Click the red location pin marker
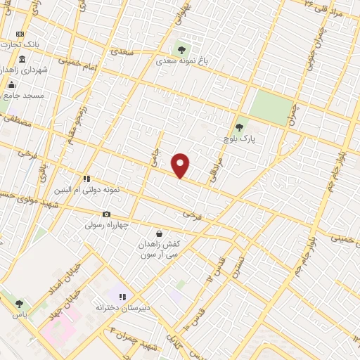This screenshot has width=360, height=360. pyautogui.click(x=181, y=165)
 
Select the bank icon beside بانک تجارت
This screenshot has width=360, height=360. pyautogui.click(x=20, y=34)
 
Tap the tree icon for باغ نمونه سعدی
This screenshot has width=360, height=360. pyautogui.click(x=182, y=50)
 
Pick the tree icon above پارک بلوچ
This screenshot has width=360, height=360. pyautogui.click(x=239, y=127)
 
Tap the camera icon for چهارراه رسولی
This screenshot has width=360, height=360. pyautogui.click(x=106, y=214)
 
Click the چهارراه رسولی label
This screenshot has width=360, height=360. pyautogui.click(x=105, y=226)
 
